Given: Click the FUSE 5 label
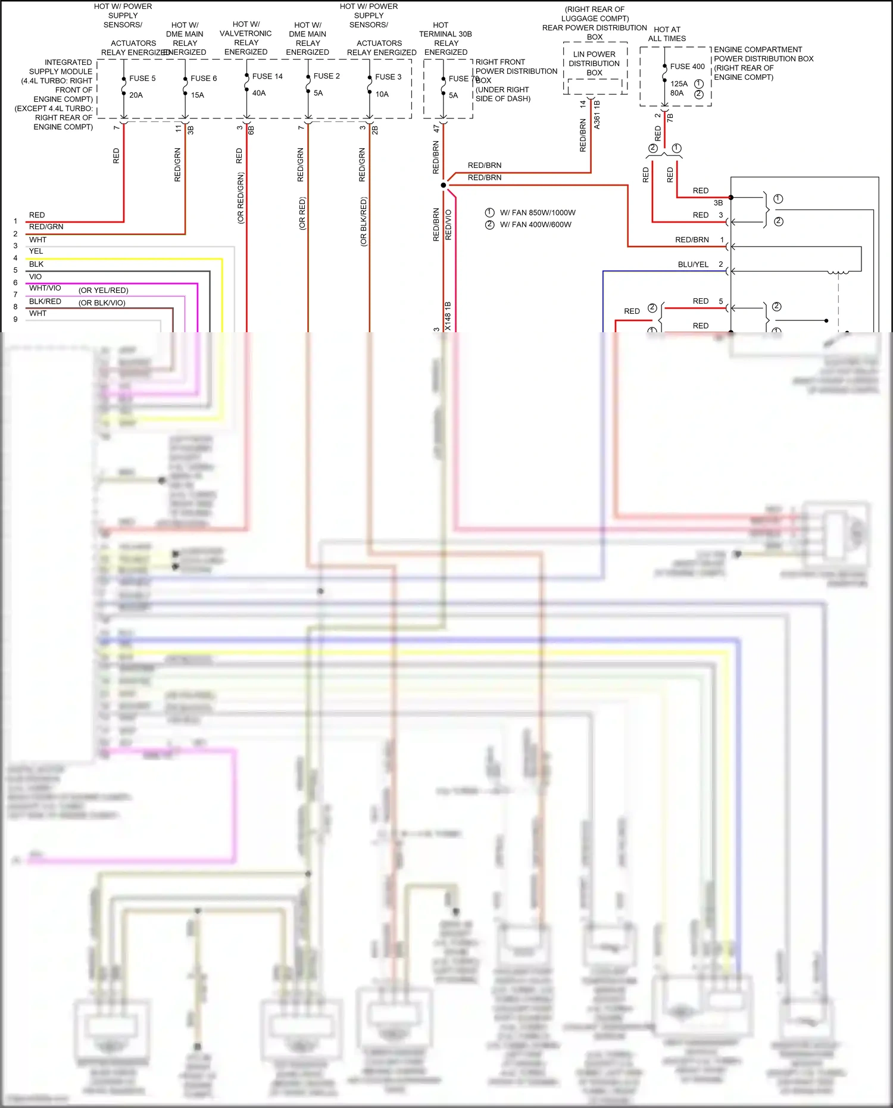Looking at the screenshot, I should [x=142, y=79].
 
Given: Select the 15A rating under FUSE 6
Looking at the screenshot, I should [x=197, y=95].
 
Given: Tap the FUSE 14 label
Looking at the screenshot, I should [x=267, y=76].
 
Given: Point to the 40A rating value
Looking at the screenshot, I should [x=259, y=93].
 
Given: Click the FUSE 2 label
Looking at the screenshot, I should [x=326, y=76].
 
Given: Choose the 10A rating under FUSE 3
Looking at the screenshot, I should [x=382, y=94].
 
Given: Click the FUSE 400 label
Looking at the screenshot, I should [x=687, y=67].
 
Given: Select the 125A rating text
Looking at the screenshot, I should [x=679, y=84].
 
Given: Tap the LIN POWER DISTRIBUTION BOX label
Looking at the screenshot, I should [x=594, y=64].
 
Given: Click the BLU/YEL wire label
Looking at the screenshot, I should [x=693, y=264].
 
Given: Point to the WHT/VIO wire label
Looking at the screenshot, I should [x=45, y=288].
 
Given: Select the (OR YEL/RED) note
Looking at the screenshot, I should [x=104, y=291].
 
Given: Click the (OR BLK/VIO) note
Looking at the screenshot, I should [x=102, y=303].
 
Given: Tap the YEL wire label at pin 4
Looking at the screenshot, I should [x=36, y=251].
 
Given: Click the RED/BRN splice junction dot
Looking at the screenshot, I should [x=443, y=185].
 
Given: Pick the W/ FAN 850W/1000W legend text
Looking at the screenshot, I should [x=538, y=213].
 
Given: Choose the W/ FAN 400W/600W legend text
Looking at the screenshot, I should [x=535, y=225].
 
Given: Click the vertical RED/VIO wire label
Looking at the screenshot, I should [x=449, y=224].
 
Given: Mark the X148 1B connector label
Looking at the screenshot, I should [x=448, y=316].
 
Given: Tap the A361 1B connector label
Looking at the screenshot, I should [x=597, y=115].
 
